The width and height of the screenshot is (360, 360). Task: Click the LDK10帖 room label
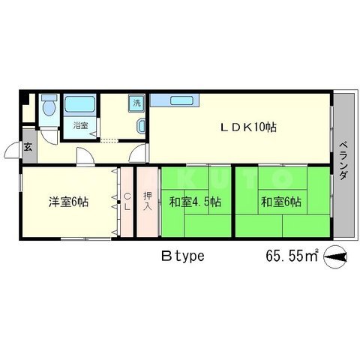(x=248, y=127)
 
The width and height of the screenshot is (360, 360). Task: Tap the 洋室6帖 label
(x=68, y=202)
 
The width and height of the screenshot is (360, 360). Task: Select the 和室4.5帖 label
(x=195, y=202)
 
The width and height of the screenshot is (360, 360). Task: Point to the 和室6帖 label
(x=281, y=202)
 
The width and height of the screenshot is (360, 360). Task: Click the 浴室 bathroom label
(x=80, y=125)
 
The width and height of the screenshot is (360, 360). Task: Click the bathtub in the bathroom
(x=80, y=104)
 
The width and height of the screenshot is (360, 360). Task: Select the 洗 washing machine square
(x=136, y=103)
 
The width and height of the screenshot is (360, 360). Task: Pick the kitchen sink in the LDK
(x=181, y=100)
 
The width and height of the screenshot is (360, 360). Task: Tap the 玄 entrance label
(x=28, y=147)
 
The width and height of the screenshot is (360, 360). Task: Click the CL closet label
(x=127, y=202)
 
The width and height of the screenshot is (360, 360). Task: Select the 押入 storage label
(x=148, y=202)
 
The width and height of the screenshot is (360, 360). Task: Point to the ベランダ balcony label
(x=343, y=160)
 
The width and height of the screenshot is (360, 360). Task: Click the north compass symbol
(x=335, y=257)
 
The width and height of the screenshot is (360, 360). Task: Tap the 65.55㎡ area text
(x=292, y=255)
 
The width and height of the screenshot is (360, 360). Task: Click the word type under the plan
(x=190, y=256)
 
